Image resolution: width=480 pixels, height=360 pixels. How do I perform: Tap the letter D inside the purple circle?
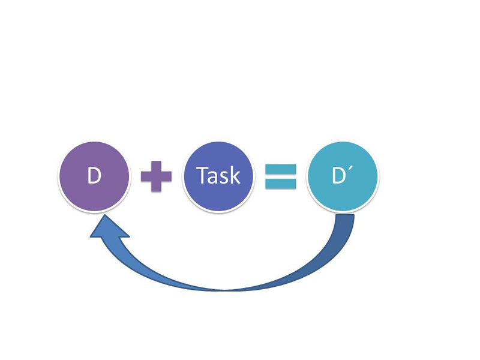tap(94, 176)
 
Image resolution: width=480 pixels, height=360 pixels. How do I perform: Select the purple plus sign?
tap(156, 176)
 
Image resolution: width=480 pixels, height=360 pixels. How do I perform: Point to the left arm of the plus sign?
tap(145, 176)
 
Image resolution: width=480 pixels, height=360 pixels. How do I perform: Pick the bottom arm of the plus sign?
tap(156, 187)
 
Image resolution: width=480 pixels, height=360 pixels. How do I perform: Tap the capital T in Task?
tap(203, 176)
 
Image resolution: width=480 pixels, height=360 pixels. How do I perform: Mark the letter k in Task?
tap(234, 176)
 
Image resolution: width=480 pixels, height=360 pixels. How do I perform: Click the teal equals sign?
tap(280, 176)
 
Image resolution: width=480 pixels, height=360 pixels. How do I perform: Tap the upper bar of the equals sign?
tap(280, 169)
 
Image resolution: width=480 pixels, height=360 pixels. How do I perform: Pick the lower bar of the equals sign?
tap(280, 183)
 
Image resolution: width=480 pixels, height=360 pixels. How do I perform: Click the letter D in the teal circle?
tap(338, 176)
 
